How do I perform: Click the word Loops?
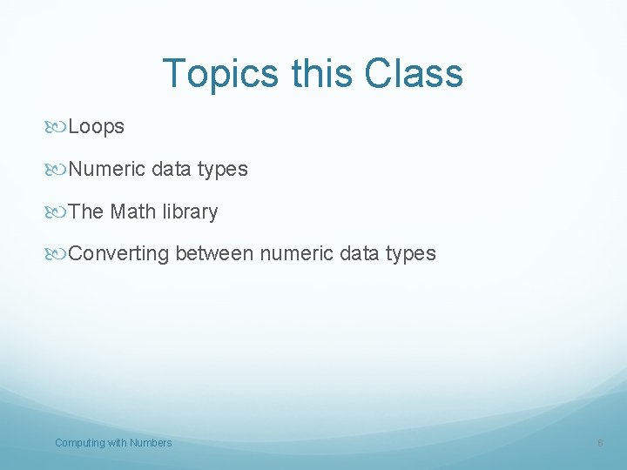tap(96, 127)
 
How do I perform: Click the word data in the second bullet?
tap(172, 169)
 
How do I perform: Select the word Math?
tap(133, 211)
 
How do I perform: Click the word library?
tap(190, 211)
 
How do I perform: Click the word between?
tap(214, 254)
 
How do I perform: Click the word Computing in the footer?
tap(79, 443)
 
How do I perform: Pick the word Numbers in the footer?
tap(151, 443)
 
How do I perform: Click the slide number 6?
tap(600, 444)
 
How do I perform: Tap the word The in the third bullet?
tap(85, 211)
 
